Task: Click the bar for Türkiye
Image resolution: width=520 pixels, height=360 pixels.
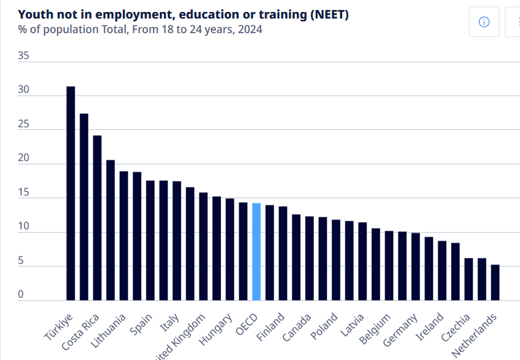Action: (70, 193)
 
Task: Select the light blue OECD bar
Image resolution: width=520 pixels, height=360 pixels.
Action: (256, 251)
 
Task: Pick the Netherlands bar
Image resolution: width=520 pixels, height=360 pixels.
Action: (495, 282)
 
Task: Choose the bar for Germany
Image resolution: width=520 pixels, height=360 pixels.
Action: (415, 267)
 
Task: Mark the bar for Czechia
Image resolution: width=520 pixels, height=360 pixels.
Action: (468, 279)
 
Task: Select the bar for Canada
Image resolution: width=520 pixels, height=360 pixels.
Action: (296, 257)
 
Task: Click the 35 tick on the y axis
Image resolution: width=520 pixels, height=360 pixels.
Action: (23, 56)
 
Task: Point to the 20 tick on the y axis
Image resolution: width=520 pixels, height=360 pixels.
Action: (23, 158)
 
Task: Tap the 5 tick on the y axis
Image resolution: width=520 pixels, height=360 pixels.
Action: (21, 261)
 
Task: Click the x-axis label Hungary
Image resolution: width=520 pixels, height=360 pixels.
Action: (217, 327)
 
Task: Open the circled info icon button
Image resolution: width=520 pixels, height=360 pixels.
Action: (484, 22)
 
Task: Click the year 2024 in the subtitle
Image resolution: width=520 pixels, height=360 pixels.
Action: (250, 29)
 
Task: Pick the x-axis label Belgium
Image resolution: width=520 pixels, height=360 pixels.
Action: (376, 327)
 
